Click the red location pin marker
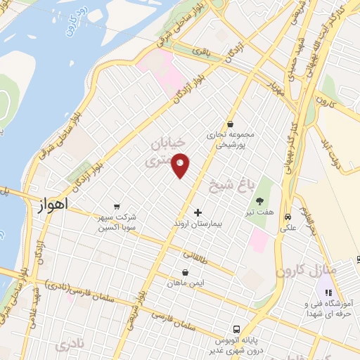(x=181, y=165)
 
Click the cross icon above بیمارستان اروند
(x=198, y=212)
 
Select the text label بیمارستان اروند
(x=198, y=224)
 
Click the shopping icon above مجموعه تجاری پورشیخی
(x=230, y=124)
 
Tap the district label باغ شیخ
(x=230, y=184)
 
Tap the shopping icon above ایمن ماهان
(x=185, y=272)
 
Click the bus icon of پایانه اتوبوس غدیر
(x=238, y=329)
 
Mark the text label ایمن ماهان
(x=184, y=283)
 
